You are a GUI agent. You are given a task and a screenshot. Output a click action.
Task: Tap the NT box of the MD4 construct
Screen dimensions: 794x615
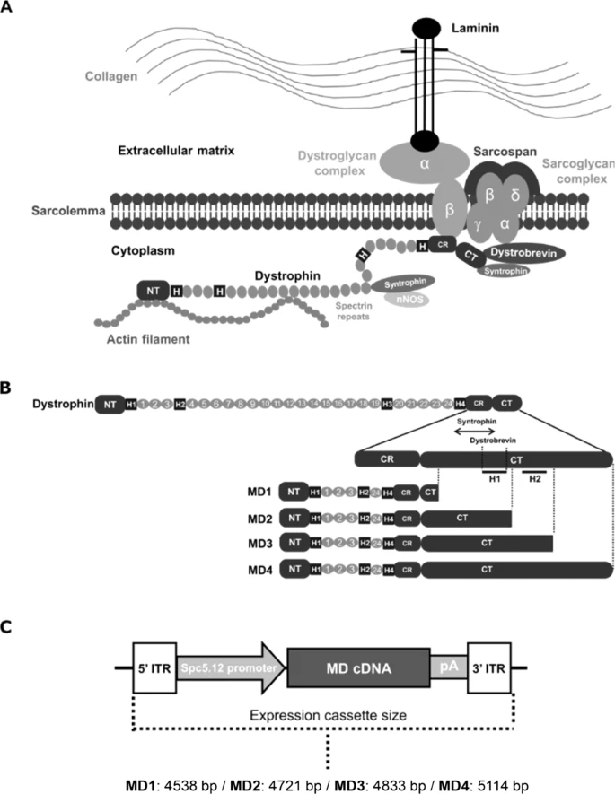[x=293, y=569]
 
